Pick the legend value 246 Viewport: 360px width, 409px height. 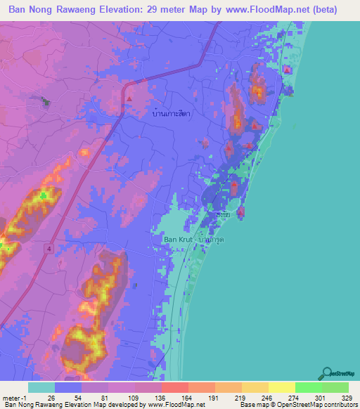click(256, 398)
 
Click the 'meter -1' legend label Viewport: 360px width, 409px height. click(15, 398)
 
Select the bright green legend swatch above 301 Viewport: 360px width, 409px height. click(308, 387)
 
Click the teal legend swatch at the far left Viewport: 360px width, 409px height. click(41, 387)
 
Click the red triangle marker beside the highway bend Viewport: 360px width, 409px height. click(129, 98)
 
